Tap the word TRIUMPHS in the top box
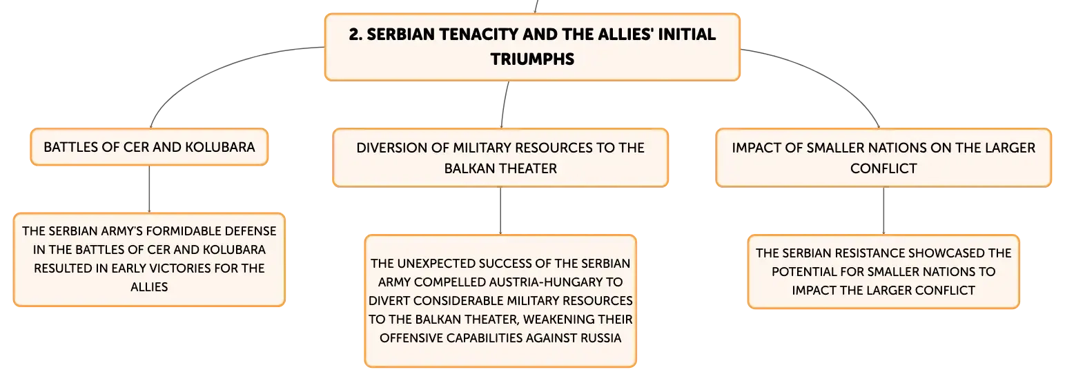pyautogui.click(x=533, y=59)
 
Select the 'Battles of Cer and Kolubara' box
pyautogui.click(x=149, y=147)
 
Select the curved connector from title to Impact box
pyautogui.click(x=830, y=76)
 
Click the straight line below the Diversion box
pyautogui.click(x=500, y=211)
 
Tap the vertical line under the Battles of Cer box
pyautogui.click(x=149, y=189)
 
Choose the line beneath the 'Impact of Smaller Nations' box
pyautogui.click(x=883, y=211)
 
